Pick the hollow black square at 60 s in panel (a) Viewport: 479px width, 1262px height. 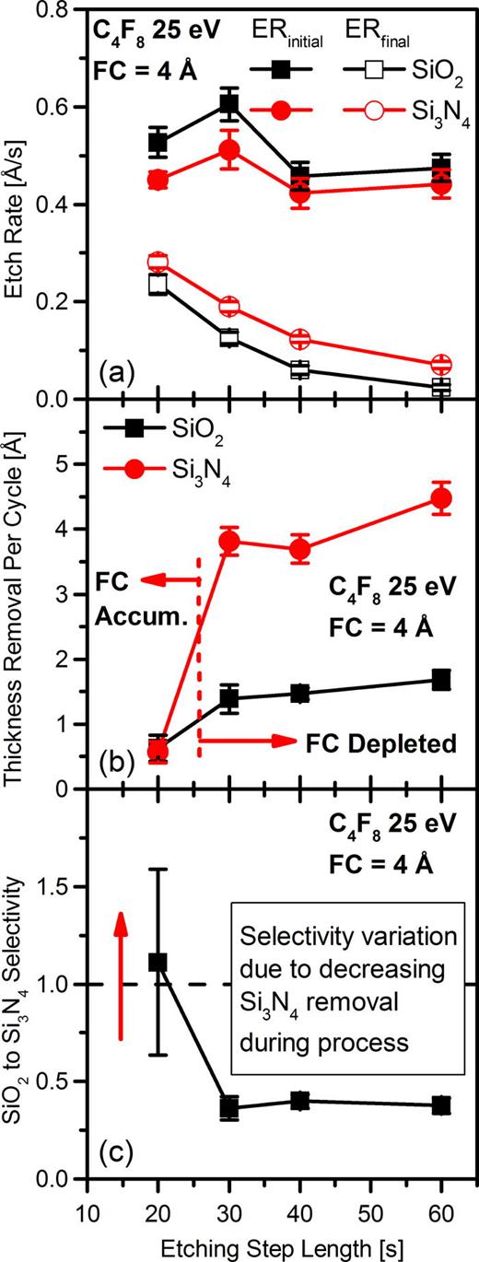point(441,387)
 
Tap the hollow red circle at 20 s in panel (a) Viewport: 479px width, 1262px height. point(158,263)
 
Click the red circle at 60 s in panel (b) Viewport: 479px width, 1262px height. point(441,498)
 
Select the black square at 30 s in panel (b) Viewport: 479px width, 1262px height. point(228,698)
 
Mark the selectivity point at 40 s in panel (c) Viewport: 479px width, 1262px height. point(299,1100)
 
